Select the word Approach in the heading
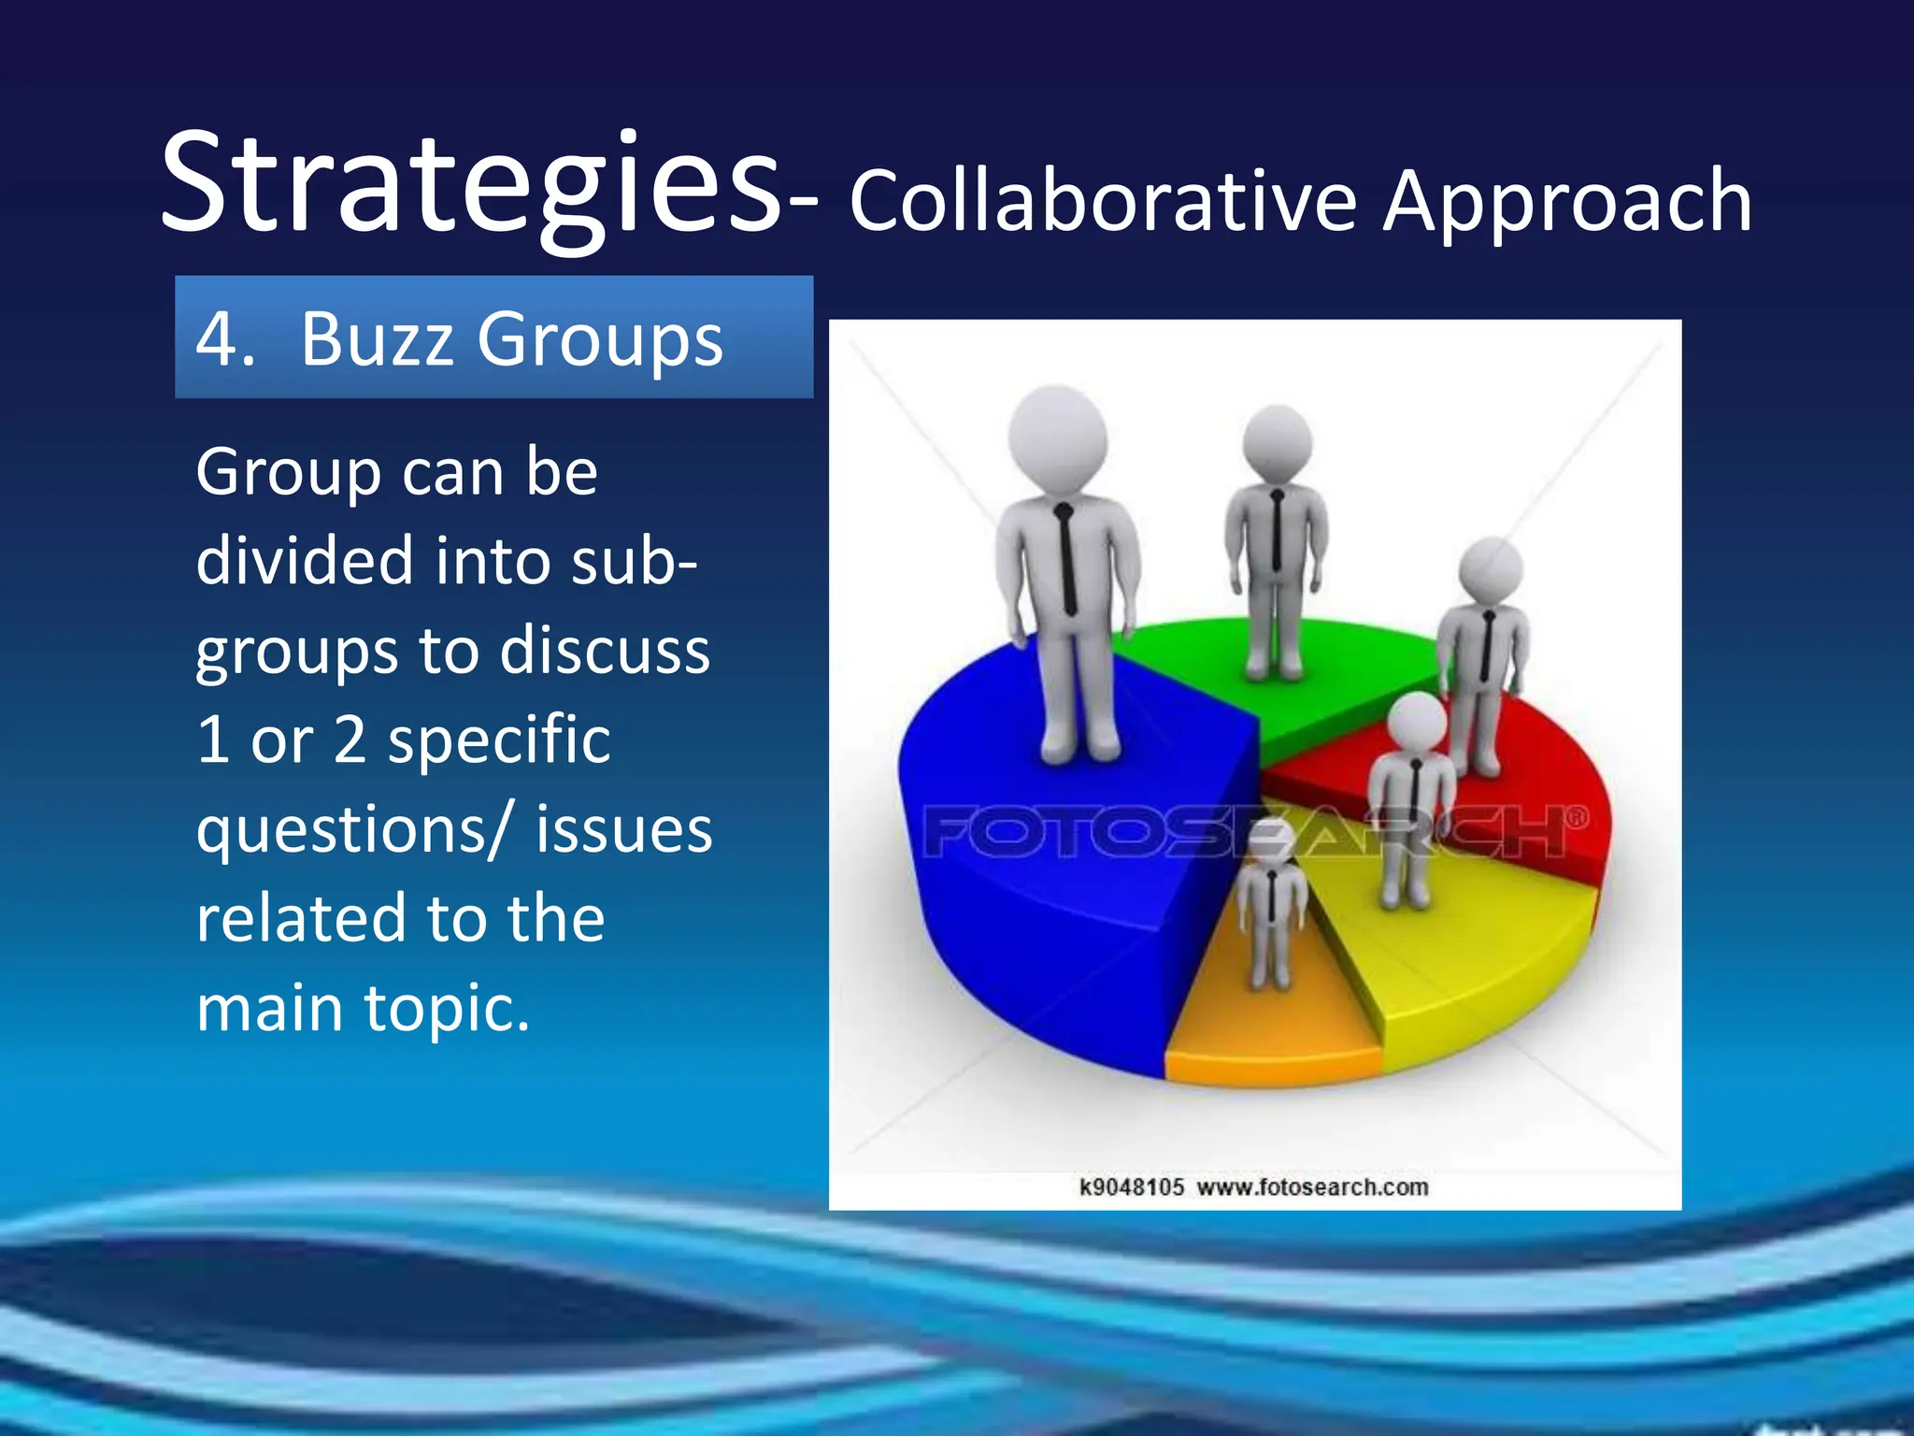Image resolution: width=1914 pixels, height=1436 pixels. pyautogui.click(x=1567, y=204)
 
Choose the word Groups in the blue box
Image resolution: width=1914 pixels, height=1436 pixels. pyautogui.click(x=600, y=340)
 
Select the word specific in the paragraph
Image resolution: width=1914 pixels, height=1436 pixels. pyautogui.click(x=499, y=740)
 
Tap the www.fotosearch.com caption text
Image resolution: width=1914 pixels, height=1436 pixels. pyautogui.click(x=1312, y=1187)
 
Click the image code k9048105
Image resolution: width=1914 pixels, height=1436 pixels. pyautogui.click(x=1131, y=1187)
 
